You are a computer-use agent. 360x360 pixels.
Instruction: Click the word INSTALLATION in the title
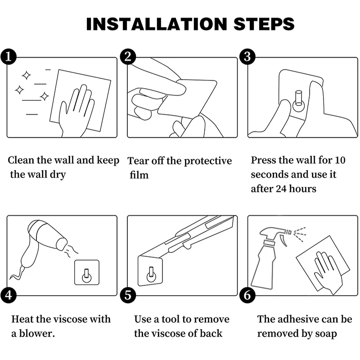coord(157,24)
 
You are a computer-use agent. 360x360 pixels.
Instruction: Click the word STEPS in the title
coord(264,24)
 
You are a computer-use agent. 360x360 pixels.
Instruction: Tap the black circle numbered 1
coord(9,57)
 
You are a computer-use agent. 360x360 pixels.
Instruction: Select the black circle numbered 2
coord(128,57)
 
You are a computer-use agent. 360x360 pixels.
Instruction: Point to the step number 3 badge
coord(247,57)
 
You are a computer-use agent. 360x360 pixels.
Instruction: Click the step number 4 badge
coord(9,295)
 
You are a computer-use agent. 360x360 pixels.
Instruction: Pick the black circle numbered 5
coord(128,295)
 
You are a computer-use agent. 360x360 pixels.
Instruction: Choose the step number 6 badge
coord(247,295)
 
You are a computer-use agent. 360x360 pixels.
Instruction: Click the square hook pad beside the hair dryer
coord(87,272)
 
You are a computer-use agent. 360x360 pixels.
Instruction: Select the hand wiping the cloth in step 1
coord(77,110)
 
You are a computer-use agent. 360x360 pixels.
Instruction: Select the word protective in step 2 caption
coord(208,161)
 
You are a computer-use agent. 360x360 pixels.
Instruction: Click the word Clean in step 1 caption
coord(21,160)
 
